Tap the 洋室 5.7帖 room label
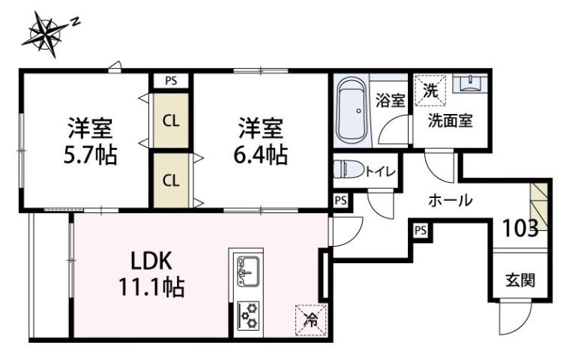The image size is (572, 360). pos(91,142)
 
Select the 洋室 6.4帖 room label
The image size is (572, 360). pos(261,142)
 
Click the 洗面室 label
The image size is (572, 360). pos(450,120)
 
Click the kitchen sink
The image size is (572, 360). pos(247,271)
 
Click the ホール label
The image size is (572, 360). pos(450,201)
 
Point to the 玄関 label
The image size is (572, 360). pos(520,281)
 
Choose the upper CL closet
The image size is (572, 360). pos(171,120)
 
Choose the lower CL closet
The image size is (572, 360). pos(171,180)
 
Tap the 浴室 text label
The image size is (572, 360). pos(390,100)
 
